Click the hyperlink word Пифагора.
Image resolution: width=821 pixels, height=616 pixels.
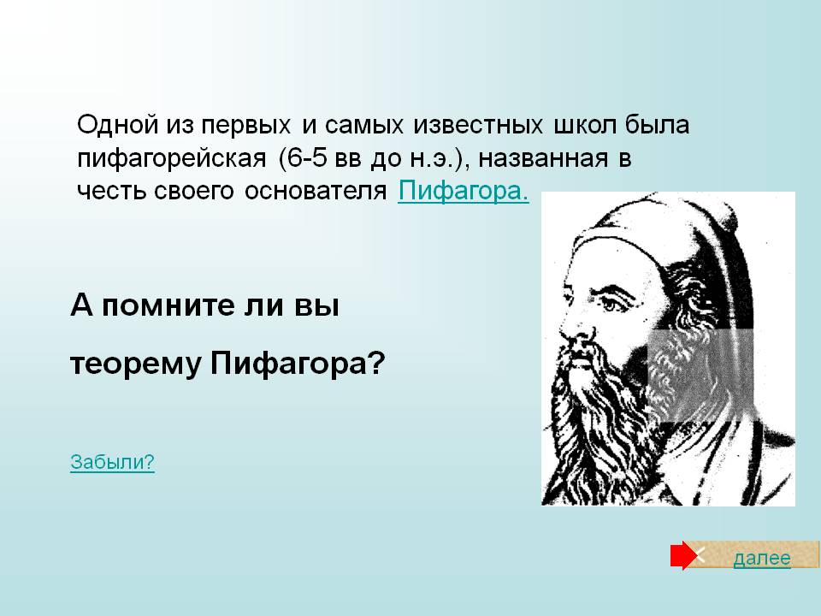(464, 191)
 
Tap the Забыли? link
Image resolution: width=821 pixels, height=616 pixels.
(113, 462)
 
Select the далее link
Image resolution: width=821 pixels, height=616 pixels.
(762, 559)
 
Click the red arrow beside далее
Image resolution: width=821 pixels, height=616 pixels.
(684, 556)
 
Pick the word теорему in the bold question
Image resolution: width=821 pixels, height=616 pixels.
(136, 364)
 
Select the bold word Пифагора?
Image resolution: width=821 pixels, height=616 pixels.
(298, 363)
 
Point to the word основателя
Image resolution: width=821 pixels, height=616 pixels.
(316, 191)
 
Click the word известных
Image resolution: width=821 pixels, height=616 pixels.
(477, 126)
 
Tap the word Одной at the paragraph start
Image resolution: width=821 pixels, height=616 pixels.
(118, 125)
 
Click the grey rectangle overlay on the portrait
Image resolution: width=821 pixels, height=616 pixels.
(700, 376)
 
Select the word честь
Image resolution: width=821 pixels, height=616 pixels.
(110, 191)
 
